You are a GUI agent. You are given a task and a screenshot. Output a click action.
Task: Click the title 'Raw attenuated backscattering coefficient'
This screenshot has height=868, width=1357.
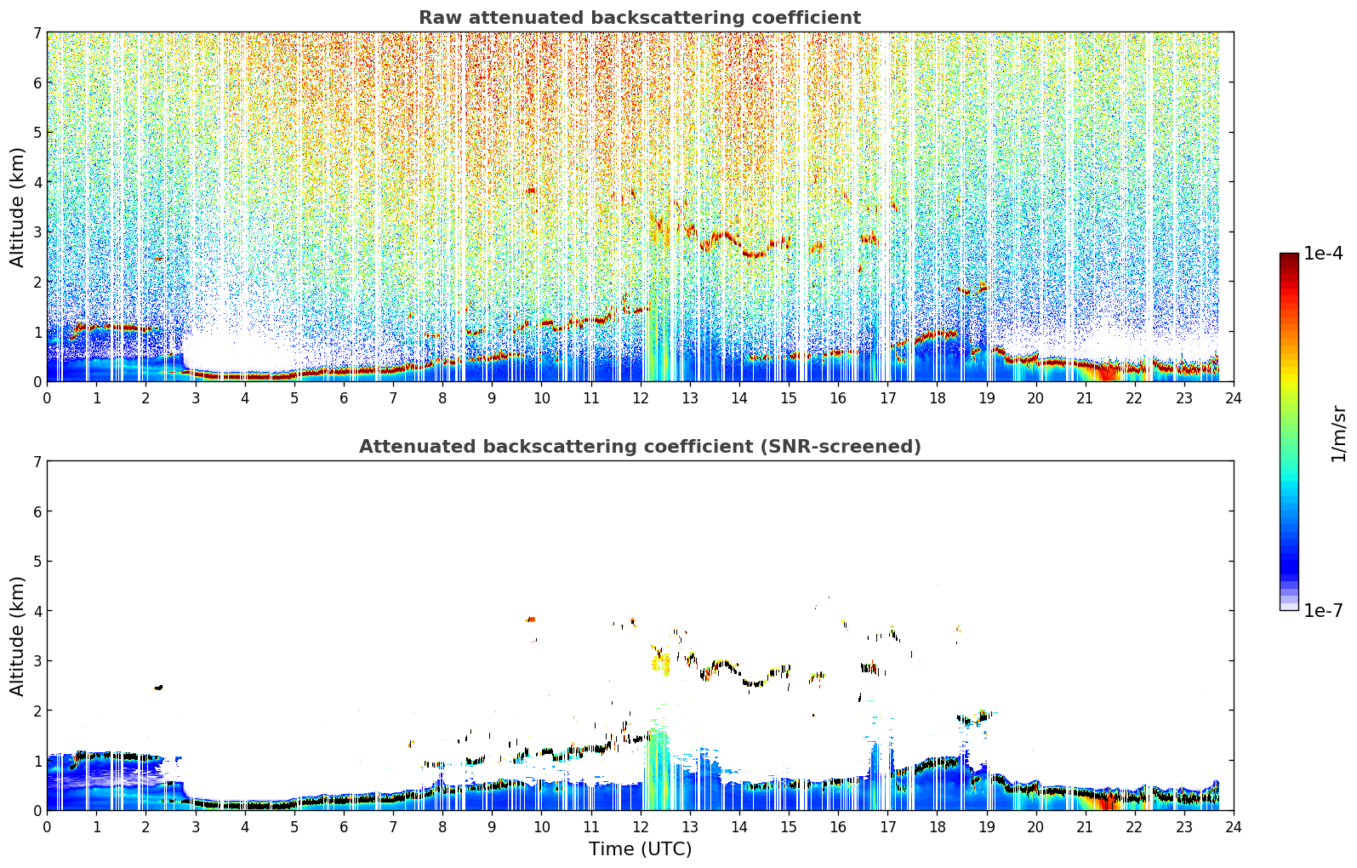640,18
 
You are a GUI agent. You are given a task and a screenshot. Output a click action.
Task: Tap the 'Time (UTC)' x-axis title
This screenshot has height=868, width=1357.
640,849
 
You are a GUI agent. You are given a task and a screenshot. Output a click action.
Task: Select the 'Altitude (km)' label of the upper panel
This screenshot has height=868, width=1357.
17,208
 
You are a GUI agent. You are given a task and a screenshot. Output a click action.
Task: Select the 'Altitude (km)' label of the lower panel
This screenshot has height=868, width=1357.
17,637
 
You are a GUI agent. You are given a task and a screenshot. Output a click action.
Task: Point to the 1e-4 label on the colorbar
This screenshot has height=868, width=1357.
1323,254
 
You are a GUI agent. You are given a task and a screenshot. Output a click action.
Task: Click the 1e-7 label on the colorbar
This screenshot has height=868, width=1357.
1323,610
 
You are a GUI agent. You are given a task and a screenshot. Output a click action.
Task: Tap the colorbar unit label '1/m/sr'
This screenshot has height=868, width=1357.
1338,434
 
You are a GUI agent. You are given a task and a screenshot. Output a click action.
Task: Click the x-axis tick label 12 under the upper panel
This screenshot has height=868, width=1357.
641,398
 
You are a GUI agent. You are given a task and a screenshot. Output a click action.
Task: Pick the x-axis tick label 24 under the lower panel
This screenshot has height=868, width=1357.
1234,827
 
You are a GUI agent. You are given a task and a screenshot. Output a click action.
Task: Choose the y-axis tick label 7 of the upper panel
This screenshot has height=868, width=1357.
37,32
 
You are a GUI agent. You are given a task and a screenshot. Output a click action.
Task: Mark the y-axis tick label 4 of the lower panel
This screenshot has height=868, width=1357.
37,611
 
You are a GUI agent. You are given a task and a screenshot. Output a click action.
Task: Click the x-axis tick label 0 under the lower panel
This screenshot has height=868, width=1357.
48,827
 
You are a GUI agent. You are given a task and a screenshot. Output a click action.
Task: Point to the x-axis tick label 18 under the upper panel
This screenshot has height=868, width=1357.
938,398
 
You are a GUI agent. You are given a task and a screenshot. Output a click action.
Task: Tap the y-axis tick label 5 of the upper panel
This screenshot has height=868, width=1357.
37,132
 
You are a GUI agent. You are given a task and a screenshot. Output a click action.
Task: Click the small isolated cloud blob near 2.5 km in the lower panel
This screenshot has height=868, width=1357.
159,688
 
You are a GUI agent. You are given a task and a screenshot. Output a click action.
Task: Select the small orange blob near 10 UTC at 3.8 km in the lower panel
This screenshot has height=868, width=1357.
531,620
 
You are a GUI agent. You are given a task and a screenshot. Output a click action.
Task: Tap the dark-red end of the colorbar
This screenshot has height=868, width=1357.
1289,256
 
